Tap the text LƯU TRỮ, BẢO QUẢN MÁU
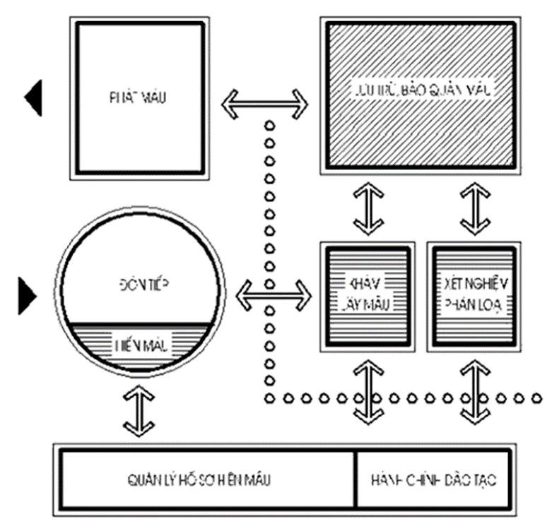422,91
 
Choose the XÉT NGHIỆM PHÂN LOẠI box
475,294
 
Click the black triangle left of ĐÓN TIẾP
27,295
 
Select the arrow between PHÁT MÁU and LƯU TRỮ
265,104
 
